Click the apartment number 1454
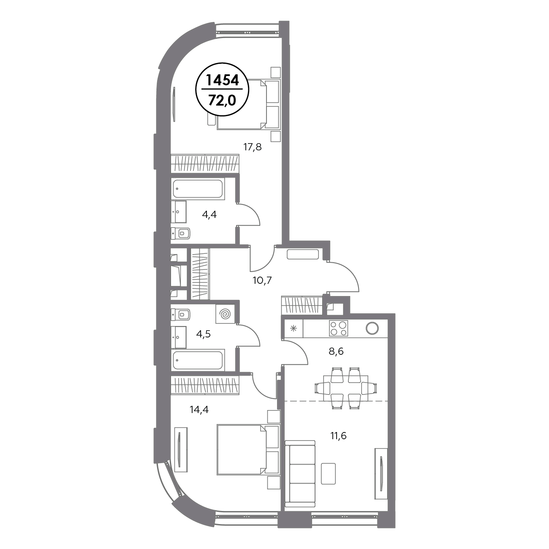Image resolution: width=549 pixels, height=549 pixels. pos(222,80)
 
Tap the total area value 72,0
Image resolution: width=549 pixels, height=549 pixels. pos(222,100)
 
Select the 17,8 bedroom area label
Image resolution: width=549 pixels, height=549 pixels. pos(253,147)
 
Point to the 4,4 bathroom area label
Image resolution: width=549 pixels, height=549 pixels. pos(209,215)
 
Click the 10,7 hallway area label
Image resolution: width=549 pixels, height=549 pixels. pos(262,281)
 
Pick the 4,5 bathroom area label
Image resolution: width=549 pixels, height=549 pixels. pos(204,334)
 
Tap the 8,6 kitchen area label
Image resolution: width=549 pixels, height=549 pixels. pos(336,351)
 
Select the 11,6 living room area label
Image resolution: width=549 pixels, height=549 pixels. pos(338,435)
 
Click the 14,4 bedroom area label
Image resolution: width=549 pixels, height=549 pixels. pos(199,410)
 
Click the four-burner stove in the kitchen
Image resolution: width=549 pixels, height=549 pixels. pos(338,328)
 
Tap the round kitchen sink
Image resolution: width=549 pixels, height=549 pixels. pos(372,328)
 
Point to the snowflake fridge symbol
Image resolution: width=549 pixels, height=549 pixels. pos(294,329)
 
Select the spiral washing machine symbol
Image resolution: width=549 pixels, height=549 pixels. pos(226,314)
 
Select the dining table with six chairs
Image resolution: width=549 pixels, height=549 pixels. pos(345,388)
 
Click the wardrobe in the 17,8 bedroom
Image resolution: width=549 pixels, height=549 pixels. pos(204,163)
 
